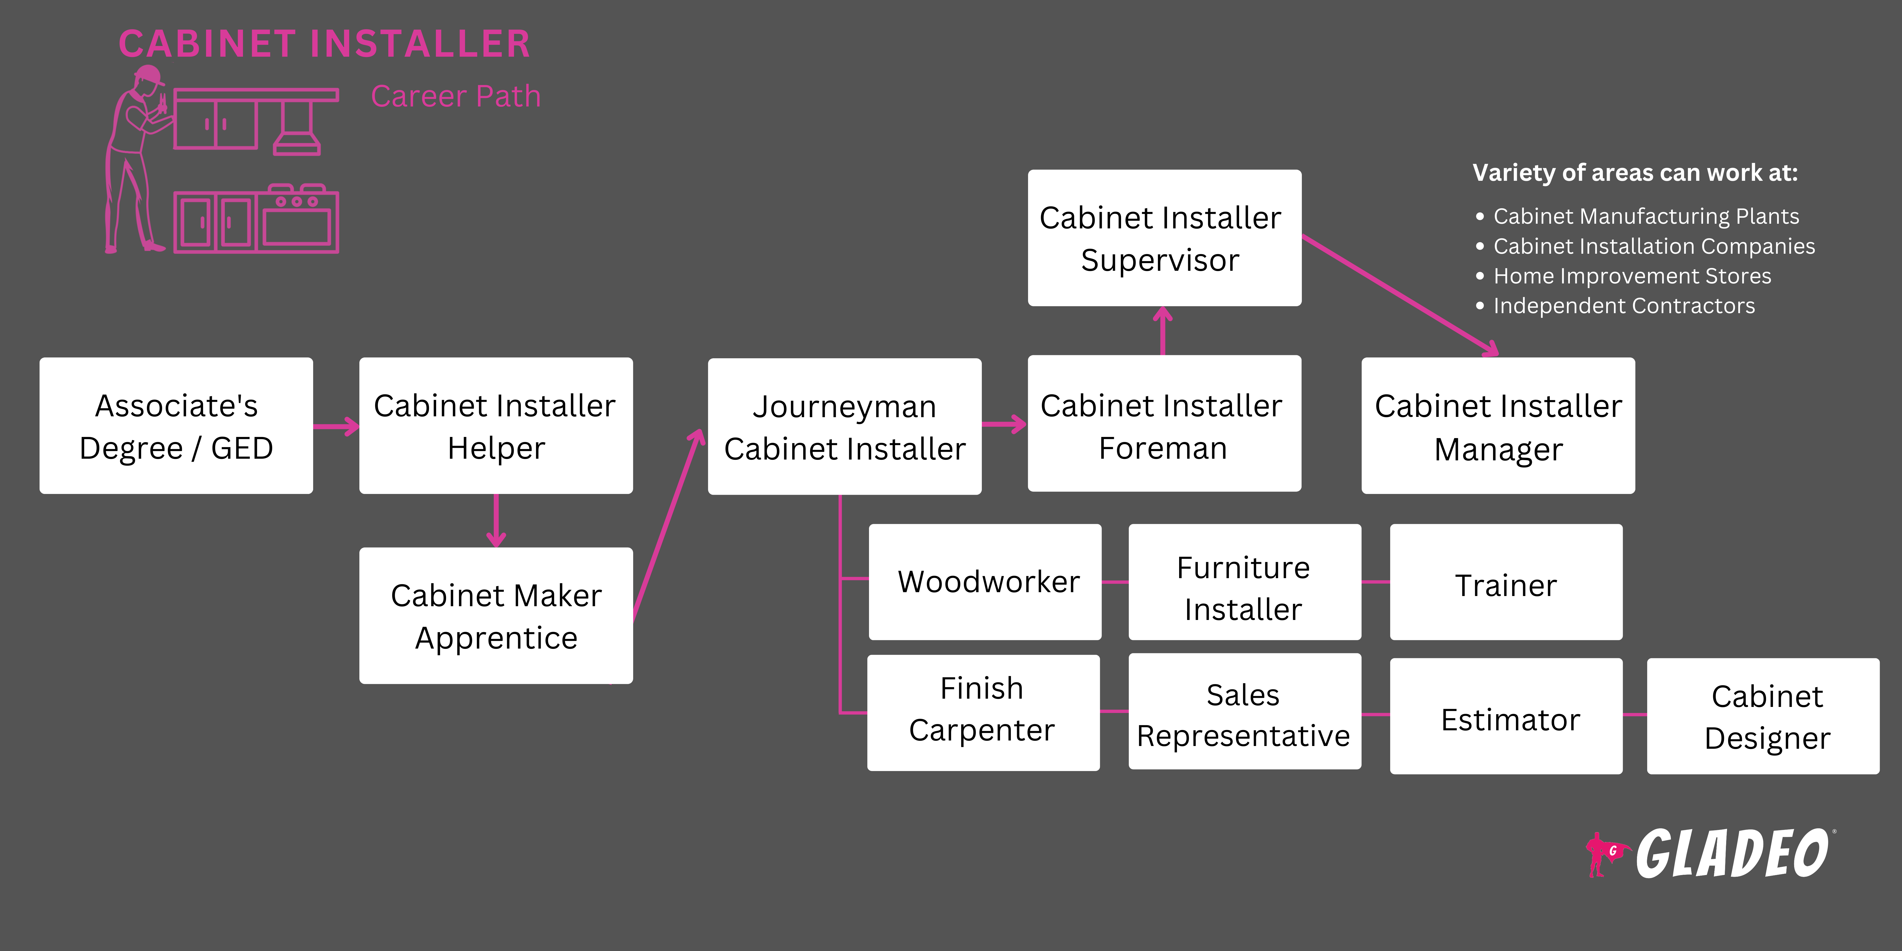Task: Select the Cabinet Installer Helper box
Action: (495, 426)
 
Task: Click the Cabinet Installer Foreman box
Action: (1164, 424)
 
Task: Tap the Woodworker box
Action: (985, 582)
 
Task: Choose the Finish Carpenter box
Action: (983, 712)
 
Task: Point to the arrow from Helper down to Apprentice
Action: (496, 521)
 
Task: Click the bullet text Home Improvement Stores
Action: (1632, 276)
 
